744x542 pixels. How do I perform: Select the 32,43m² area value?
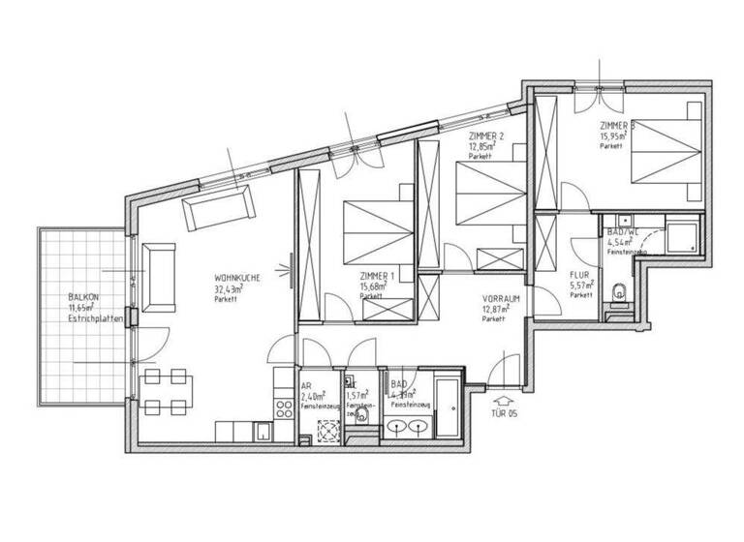tap(229, 288)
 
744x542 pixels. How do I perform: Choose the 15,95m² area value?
tap(613, 136)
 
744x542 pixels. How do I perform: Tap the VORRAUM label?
tap(501, 299)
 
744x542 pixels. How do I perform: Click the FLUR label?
tap(580, 275)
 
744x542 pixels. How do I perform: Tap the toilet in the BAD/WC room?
tap(620, 290)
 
